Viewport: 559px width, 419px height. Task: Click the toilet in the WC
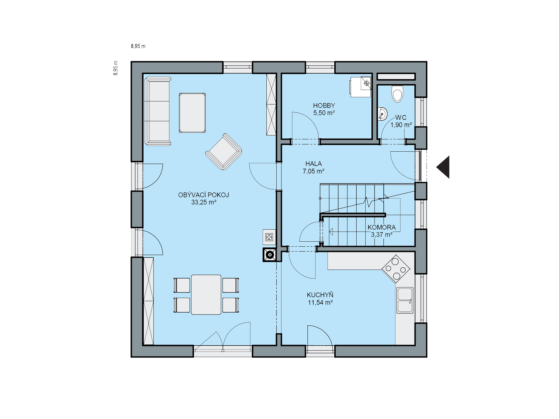coord(397,94)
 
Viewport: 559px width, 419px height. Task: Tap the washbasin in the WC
coord(382,114)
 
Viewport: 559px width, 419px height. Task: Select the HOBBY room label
coord(324,106)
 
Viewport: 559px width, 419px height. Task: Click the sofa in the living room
coord(157,111)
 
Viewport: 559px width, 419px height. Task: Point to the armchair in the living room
coord(224,152)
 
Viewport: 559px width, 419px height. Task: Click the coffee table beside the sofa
coord(192,113)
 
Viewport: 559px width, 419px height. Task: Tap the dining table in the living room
coord(206,295)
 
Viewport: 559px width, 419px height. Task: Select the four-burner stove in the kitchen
coord(396,269)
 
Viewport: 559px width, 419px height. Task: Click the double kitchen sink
coord(405,300)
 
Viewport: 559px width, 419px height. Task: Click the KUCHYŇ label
coord(320,295)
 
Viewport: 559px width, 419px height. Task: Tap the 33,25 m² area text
coord(204,202)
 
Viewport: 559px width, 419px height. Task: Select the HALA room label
coord(314,164)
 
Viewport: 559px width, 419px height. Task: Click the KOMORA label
coord(382,227)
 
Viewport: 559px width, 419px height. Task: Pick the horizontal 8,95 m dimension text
coord(138,46)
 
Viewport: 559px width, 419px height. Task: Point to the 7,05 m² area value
coord(314,171)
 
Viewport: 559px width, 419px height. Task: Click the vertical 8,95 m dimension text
coord(116,68)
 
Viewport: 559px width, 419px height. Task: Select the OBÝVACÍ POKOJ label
coord(204,195)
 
